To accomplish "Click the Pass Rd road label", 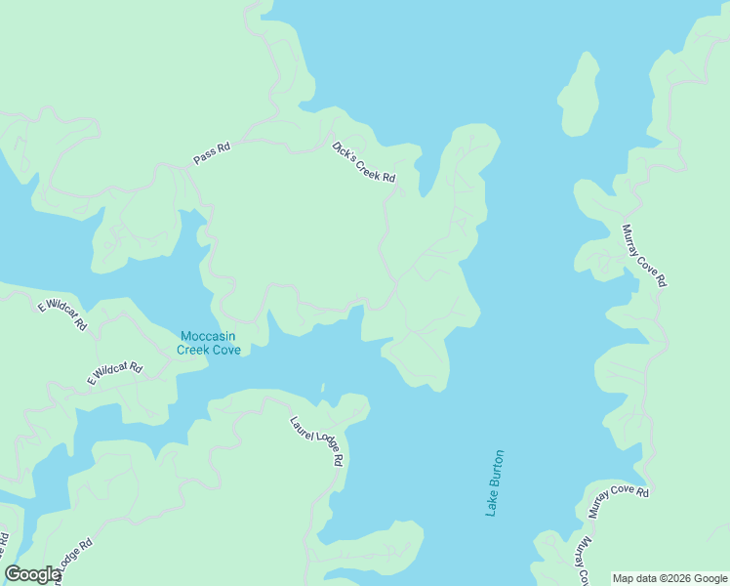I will [x=212, y=153].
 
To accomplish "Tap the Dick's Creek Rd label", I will [x=364, y=163].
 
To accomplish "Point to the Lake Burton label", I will [x=496, y=483].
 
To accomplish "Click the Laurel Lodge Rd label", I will [x=317, y=440].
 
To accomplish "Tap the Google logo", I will [x=32, y=574].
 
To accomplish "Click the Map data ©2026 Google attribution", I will [x=670, y=578].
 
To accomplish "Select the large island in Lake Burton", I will [x=580, y=95].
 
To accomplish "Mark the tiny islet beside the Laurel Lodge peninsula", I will [x=322, y=388].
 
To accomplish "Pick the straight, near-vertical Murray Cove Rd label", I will [x=645, y=255].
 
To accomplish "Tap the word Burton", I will [x=498, y=470].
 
